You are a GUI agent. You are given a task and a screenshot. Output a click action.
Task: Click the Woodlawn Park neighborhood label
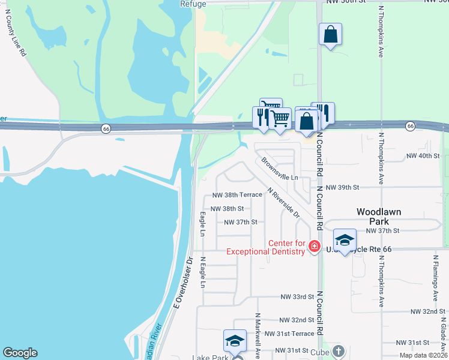click(378, 216)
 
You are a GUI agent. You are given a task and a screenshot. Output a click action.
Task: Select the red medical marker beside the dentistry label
click(314, 246)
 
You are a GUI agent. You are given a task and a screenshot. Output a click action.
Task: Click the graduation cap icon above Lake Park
click(235, 341)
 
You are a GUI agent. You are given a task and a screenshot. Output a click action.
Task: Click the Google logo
click(20, 353)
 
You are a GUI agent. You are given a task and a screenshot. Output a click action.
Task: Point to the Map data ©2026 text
click(423, 356)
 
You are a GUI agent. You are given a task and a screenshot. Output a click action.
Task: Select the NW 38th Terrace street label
click(238, 195)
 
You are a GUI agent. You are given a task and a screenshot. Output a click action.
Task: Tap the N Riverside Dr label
click(284, 203)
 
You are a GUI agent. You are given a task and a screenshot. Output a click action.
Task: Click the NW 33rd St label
click(297, 296)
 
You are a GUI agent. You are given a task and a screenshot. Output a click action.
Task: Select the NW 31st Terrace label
click(289, 334)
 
